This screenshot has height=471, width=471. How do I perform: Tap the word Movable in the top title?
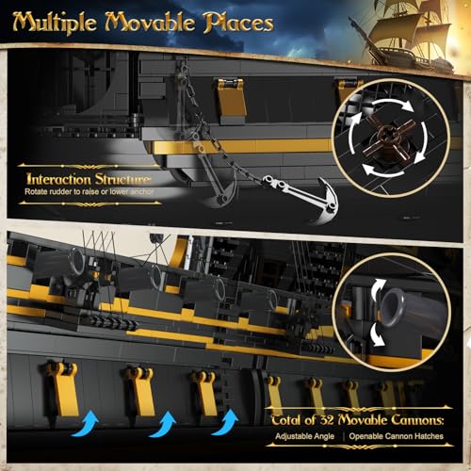tap(150, 23)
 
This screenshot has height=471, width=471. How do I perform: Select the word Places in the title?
tap(238, 24)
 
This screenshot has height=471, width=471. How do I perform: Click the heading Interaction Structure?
tap(89, 179)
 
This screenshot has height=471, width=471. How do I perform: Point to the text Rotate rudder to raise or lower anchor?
tap(89, 191)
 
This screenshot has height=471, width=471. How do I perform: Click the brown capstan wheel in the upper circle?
tap(391, 138)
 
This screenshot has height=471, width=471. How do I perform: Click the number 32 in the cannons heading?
tap(327, 420)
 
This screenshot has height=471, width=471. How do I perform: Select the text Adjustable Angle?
tap(304, 436)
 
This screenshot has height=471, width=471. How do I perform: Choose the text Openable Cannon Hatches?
tap(397, 436)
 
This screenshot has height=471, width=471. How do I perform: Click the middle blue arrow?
tap(163, 424)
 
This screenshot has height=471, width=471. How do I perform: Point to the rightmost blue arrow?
tap(225, 422)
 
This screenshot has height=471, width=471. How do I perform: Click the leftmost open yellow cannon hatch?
tap(62, 388)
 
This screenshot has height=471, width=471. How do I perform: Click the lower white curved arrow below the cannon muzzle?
tap(378, 334)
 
